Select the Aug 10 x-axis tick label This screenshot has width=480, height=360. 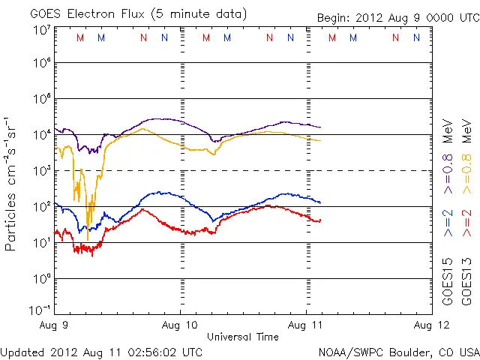click(181, 326)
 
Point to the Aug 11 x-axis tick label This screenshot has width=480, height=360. click(307, 326)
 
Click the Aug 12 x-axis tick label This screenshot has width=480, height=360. click(432, 326)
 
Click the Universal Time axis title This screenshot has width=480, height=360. click(243, 337)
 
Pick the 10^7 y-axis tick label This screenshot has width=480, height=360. click(41, 30)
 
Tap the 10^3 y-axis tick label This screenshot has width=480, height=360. click(41, 171)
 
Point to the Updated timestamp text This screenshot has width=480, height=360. click(101, 351)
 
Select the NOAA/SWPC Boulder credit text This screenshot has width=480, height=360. click(398, 351)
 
